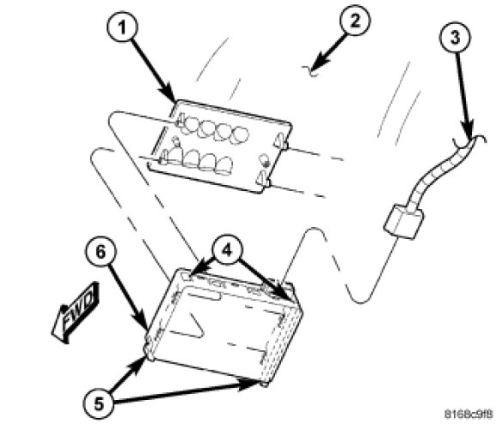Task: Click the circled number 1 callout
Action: click(x=122, y=26)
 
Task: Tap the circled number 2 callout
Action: click(x=355, y=21)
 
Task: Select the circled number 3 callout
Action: click(x=455, y=37)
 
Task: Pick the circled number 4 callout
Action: click(x=227, y=250)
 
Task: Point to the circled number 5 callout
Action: click(x=98, y=404)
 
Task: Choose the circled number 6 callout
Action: click(x=101, y=252)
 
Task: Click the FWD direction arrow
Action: click(x=76, y=313)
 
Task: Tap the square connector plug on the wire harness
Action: click(x=403, y=222)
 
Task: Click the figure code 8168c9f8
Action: click(x=468, y=414)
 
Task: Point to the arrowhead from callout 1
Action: click(x=169, y=94)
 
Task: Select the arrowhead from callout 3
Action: click(x=468, y=130)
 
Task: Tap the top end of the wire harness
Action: click(x=472, y=140)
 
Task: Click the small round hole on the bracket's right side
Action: click(x=264, y=160)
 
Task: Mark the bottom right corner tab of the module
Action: click(x=265, y=384)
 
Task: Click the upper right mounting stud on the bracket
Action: click(x=282, y=141)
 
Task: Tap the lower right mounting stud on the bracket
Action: click(x=263, y=180)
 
